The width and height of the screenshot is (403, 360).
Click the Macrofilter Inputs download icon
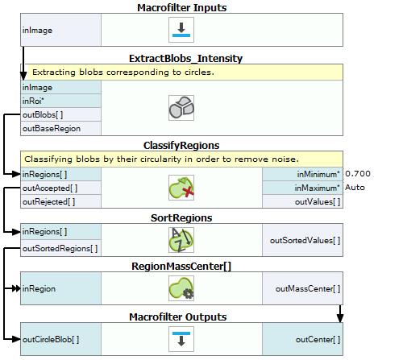point(181,30)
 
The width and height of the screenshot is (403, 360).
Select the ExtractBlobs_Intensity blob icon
point(181,108)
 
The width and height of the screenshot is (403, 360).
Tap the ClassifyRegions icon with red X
point(181,188)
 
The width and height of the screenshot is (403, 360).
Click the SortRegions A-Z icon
point(181,240)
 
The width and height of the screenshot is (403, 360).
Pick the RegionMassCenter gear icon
point(181,288)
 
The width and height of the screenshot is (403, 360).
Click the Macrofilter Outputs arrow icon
point(181,339)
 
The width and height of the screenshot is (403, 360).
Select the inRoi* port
point(60,101)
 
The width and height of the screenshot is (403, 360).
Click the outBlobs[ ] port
point(60,114)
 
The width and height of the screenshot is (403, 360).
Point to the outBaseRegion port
point(60,128)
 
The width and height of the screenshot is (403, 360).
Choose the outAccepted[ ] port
point(60,188)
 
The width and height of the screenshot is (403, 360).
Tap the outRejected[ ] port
point(60,201)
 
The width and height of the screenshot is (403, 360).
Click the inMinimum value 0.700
point(358,174)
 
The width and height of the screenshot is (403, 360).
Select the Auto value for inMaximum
point(355,188)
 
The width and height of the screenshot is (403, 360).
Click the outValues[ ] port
point(302,201)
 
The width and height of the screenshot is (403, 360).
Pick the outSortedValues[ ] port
point(302,240)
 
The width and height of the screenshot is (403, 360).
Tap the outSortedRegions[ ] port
point(60,248)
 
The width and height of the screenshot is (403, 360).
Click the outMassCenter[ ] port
point(302,288)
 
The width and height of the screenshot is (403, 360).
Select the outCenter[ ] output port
point(302,339)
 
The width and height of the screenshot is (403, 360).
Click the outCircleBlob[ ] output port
point(60,339)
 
